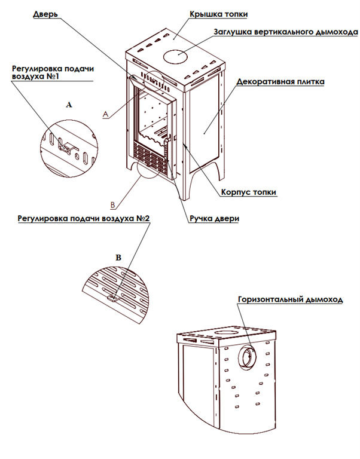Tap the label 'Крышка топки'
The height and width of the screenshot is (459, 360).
point(218,13)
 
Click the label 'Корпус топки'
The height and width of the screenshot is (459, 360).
point(248,192)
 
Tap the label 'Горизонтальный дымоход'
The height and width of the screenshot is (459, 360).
point(289,300)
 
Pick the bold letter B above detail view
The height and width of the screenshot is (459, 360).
point(118,257)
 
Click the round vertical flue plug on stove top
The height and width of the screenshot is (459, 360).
point(174,57)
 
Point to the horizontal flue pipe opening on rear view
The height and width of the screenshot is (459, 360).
point(247,357)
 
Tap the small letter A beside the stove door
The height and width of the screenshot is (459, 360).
point(105,113)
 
